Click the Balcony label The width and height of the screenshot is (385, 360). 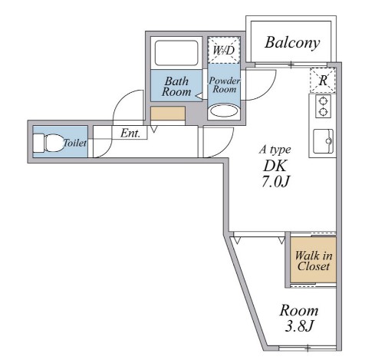click(292, 43)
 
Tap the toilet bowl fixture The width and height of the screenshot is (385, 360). click(48, 143)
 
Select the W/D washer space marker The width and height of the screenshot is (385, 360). click(224, 50)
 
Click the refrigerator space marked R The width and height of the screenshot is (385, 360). click(323, 81)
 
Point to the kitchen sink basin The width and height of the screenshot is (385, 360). click(324, 141)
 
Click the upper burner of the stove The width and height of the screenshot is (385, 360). click(324, 101)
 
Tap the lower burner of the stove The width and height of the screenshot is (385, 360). click(324, 112)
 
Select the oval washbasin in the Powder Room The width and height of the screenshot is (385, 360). click(224, 111)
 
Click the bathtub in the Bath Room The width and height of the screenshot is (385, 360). click(176, 53)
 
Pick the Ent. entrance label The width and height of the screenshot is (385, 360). click(130, 133)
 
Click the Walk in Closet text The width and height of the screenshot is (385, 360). click(314, 260)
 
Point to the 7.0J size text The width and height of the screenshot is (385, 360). click(275, 181)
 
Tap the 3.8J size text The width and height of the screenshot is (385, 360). click(299, 325)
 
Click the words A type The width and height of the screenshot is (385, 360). click(275, 150)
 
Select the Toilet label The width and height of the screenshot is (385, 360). click(74, 143)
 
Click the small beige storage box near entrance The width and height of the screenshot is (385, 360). click(168, 114)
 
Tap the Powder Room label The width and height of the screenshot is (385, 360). click(225, 85)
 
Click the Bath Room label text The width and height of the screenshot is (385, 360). click(176, 87)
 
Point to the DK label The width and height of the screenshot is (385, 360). click(275, 166)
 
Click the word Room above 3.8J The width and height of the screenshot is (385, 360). click(299, 311)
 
